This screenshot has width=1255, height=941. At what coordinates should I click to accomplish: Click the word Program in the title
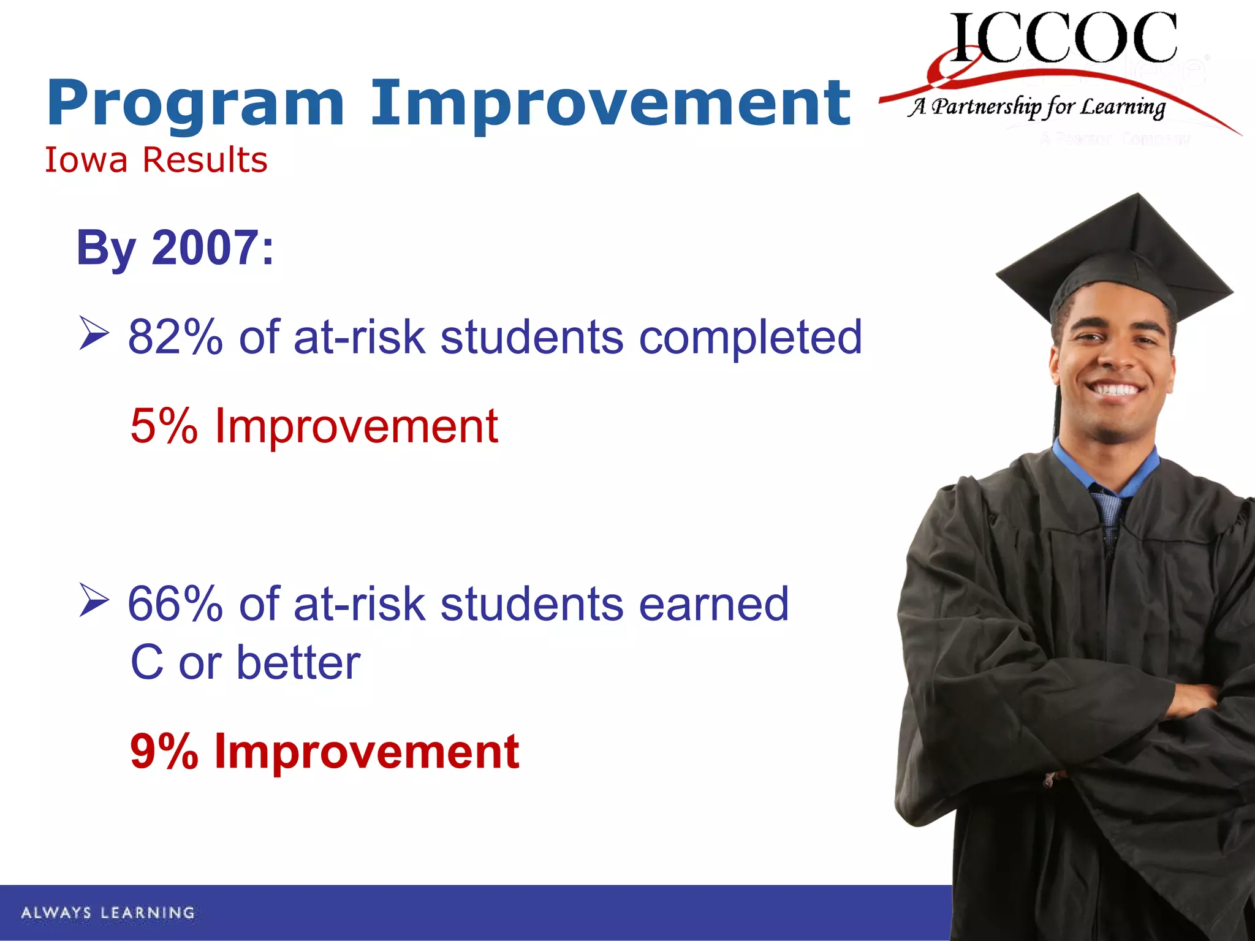[x=195, y=104]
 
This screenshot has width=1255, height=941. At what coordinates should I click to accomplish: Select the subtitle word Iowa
[x=86, y=161]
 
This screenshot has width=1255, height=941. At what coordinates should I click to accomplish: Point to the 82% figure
[x=175, y=338]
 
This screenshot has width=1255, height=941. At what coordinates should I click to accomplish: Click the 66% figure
[x=175, y=605]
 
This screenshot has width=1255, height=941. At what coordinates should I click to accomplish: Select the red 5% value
[x=164, y=426]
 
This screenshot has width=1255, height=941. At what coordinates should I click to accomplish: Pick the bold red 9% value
[x=164, y=752]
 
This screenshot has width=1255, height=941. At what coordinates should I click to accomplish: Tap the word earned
[x=713, y=605]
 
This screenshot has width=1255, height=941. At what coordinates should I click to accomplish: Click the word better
[x=298, y=663]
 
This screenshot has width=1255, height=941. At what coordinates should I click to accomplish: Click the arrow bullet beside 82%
[x=94, y=334]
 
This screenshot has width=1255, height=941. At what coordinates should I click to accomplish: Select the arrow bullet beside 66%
[x=94, y=600]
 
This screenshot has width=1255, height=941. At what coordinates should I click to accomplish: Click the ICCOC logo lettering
[x=1064, y=38]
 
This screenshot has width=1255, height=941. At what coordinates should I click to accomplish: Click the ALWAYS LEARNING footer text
[x=108, y=913]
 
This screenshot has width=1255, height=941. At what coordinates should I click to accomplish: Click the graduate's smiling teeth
[x=1117, y=390]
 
